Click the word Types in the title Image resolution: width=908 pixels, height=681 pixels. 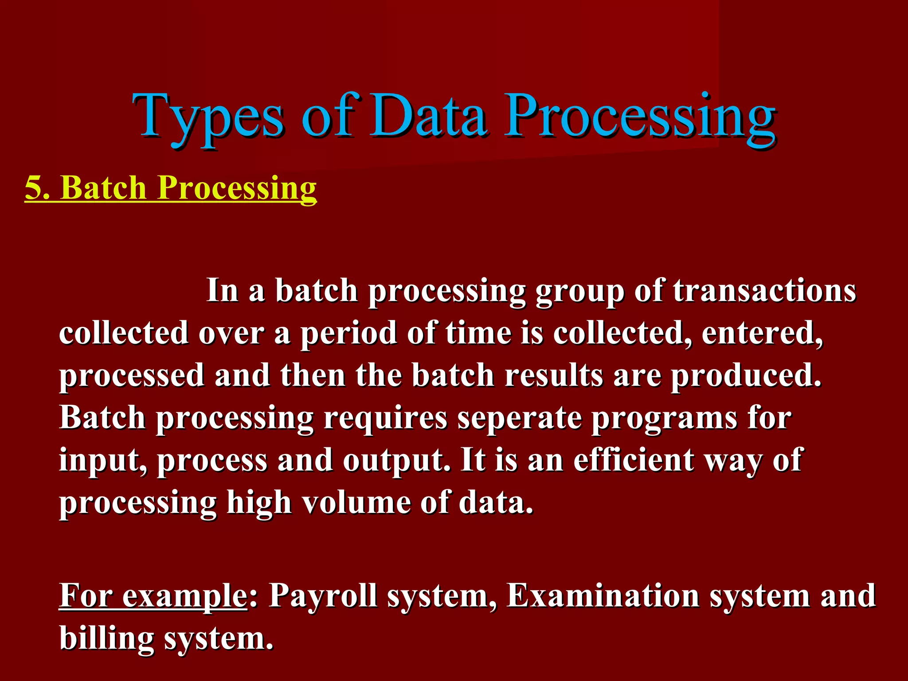click(208, 117)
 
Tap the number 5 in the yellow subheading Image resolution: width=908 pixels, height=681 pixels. click(34, 188)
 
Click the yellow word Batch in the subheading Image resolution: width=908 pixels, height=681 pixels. click(105, 188)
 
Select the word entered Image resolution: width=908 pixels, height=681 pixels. click(762, 333)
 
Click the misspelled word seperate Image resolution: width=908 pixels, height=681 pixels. click(519, 418)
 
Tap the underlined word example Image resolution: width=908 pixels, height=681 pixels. click(184, 596)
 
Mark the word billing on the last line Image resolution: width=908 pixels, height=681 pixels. click(106, 638)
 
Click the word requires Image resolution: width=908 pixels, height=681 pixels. click(385, 418)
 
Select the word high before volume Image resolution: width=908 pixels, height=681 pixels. click(259, 503)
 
